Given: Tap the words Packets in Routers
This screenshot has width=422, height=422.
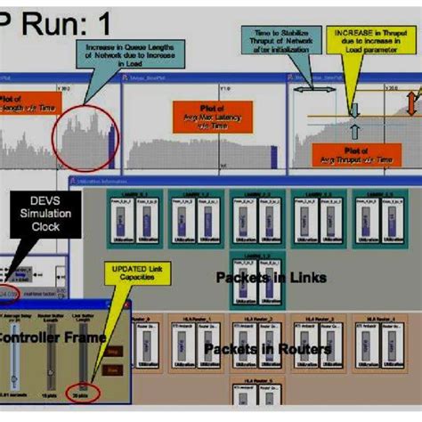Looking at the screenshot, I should tap(268, 349).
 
